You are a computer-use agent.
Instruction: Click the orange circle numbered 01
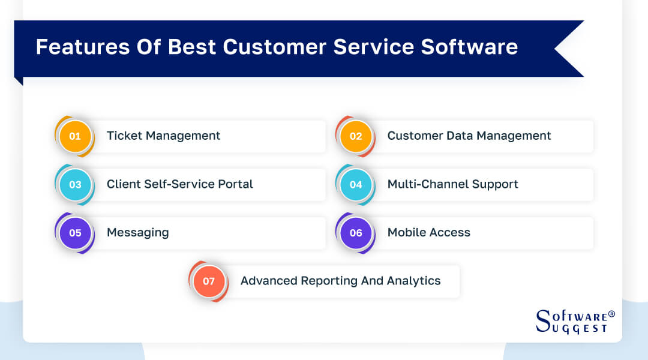(x=75, y=136)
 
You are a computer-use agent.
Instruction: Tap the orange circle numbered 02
(x=355, y=136)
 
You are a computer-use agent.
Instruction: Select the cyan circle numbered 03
(x=75, y=184)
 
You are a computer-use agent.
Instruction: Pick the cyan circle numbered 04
(x=355, y=184)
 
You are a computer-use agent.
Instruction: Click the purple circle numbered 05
(x=75, y=233)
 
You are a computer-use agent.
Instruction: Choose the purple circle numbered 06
(x=355, y=233)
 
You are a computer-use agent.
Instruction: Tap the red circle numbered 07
(x=209, y=281)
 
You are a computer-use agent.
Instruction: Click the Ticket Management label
(x=164, y=136)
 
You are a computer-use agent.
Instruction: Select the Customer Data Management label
(x=469, y=136)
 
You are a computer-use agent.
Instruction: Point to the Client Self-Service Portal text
(x=180, y=184)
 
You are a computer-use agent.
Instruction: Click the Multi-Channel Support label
(x=452, y=184)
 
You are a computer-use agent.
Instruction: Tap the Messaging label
(x=137, y=233)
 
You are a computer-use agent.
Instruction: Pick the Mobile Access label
(x=429, y=232)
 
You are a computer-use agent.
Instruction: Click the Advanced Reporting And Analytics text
(x=341, y=281)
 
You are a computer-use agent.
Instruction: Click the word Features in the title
(x=83, y=47)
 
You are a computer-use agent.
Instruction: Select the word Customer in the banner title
(x=275, y=47)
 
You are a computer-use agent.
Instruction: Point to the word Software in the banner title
(x=469, y=47)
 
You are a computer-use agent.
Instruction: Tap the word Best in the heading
(x=192, y=47)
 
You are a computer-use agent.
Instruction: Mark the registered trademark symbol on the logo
(x=611, y=314)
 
